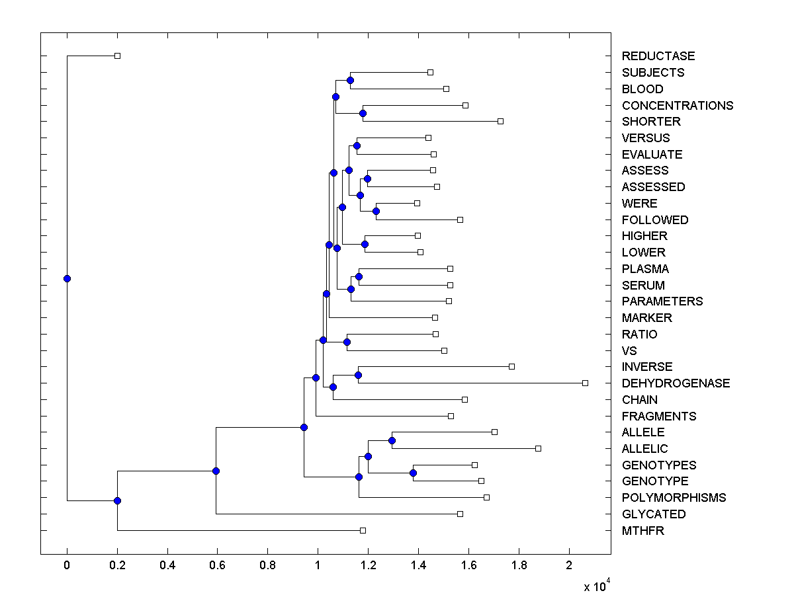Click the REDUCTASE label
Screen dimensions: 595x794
658,56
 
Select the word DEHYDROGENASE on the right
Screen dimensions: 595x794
676,383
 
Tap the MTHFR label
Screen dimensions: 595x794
642,531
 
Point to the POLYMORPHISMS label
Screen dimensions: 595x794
674,498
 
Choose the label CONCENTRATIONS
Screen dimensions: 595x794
678,106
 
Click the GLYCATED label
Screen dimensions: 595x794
654,514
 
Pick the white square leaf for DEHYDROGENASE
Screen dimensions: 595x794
585,383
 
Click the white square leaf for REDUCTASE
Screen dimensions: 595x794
117,56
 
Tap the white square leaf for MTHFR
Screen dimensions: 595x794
363,530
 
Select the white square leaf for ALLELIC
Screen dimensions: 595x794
538,448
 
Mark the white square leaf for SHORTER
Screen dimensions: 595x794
500,121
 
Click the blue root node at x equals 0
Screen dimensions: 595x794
67,278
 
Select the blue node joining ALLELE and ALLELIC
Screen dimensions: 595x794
392,440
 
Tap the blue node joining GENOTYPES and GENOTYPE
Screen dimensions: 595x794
413,473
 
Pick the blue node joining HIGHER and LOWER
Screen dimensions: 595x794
365,244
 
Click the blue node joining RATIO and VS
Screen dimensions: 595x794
347,342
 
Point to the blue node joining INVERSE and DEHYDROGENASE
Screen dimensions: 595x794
358,375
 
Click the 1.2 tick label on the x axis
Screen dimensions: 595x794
368,565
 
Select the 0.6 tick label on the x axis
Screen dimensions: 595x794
217,565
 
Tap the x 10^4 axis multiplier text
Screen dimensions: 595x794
595,586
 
